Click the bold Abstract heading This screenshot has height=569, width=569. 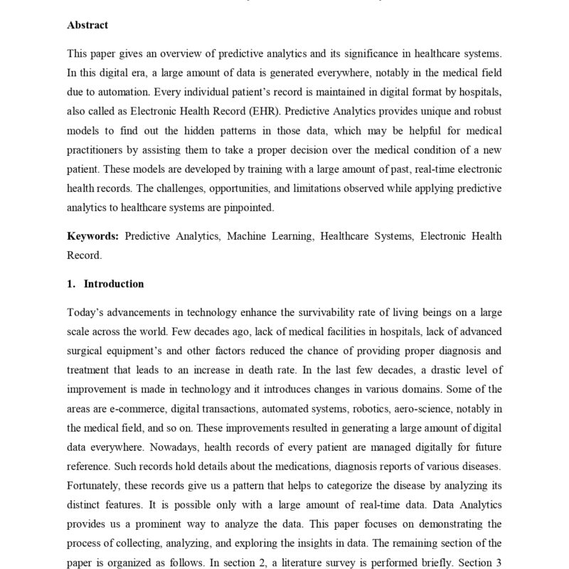[87, 25]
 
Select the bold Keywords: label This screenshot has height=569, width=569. [92, 235]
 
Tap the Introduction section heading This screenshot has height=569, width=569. [114, 284]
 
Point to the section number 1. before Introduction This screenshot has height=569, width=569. [71, 284]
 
